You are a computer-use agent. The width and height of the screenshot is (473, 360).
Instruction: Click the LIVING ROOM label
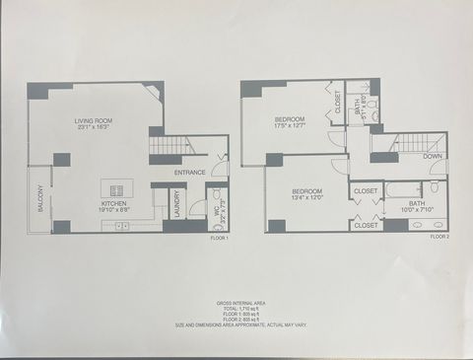(96, 121)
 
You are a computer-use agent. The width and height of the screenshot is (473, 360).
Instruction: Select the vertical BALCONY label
(40, 199)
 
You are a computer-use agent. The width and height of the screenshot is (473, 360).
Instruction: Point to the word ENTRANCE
(190, 174)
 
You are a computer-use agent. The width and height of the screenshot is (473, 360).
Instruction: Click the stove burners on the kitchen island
(117, 190)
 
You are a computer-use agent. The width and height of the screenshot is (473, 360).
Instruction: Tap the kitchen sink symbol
(122, 227)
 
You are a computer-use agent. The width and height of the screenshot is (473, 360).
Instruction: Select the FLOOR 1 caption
(219, 239)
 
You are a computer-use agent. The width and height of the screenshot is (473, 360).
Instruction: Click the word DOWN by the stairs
(432, 156)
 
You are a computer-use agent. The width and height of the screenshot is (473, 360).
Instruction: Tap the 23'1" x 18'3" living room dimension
(96, 128)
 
